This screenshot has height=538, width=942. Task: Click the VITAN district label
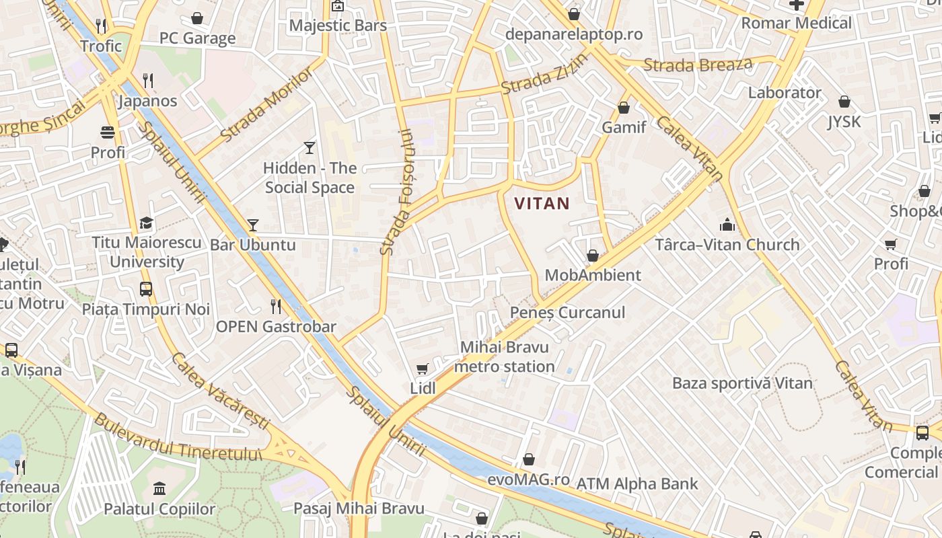tap(542, 203)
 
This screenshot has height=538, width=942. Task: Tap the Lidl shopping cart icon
tap(422, 369)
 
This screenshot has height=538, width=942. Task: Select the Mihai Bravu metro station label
tap(504, 357)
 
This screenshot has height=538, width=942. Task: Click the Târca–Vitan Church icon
tap(727, 224)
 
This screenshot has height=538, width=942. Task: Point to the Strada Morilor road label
tap(266, 104)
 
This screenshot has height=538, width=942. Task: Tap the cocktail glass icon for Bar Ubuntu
tap(253, 225)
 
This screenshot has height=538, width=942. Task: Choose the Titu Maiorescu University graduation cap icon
tap(146, 223)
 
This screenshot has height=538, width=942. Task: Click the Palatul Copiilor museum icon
tap(159, 488)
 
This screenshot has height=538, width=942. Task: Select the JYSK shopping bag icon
tap(844, 102)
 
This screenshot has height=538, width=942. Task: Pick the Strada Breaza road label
tap(698, 65)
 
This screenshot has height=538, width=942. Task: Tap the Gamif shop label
tap(624, 127)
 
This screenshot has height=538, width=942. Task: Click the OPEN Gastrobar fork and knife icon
tap(275, 307)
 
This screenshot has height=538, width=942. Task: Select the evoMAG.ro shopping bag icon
tap(529, 460)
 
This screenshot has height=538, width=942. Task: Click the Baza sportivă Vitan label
tap(742, 383)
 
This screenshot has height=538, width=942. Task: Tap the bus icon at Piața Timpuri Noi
tap(146, 289)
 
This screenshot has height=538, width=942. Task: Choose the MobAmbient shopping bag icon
tap(593, 256)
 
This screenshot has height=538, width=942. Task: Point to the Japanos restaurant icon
tap(148, 81)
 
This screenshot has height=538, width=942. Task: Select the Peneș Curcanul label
tap(558, 312)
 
